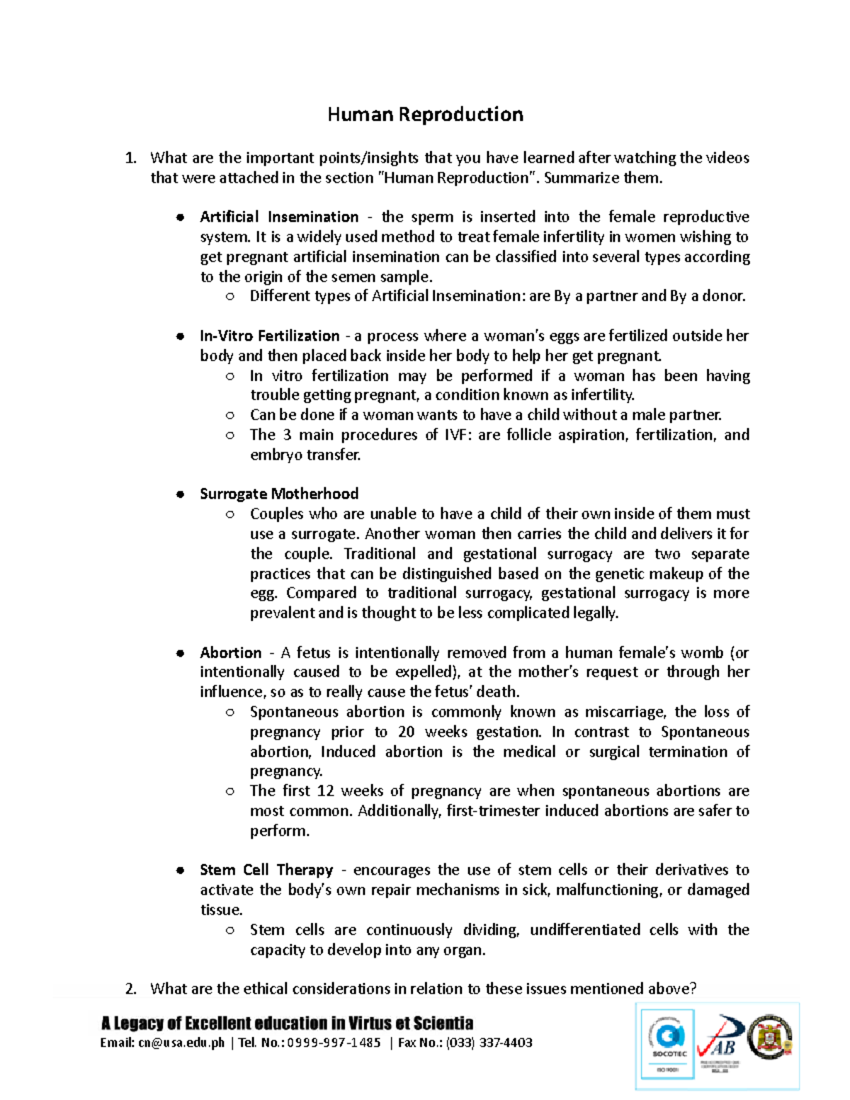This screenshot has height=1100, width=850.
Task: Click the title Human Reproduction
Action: [425, 115]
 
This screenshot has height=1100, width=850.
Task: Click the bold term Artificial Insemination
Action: [279, 217]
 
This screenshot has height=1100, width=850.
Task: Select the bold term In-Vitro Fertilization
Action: [269, 336]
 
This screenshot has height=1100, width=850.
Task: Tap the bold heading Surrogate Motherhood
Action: [279, 494]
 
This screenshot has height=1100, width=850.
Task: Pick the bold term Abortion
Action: [230, 652]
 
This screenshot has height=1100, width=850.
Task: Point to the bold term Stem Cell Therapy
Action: [266, 870]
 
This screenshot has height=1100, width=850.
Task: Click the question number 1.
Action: [130, 158]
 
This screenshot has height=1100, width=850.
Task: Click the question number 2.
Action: [130, 989]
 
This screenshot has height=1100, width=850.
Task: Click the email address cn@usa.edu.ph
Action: [181, 1043]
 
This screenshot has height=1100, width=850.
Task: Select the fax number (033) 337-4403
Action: [489, 1043]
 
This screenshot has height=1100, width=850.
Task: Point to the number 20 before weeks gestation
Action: [406, 732]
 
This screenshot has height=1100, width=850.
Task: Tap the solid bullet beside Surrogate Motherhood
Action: [181, 494]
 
